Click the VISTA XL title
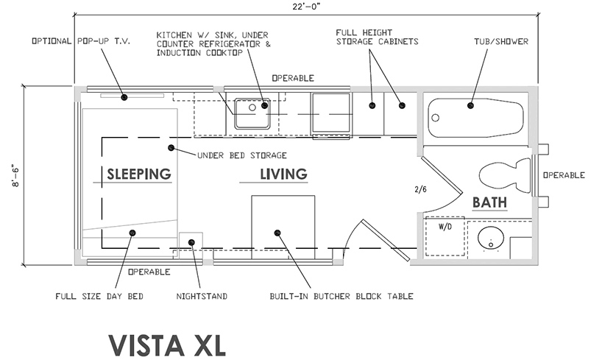(163, 345)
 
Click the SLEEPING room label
(139, 174)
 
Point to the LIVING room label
(283, 174)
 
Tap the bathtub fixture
(475, 116)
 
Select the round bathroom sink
(486, 240)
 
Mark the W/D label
(446, 227)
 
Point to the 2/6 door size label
(421, 189)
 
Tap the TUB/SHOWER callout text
(501, 41)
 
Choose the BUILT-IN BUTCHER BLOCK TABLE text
(341, 297)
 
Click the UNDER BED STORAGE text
(241, 155)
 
